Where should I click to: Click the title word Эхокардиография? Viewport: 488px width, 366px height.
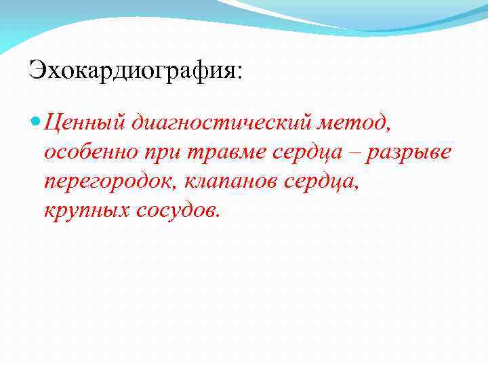(133, 70)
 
